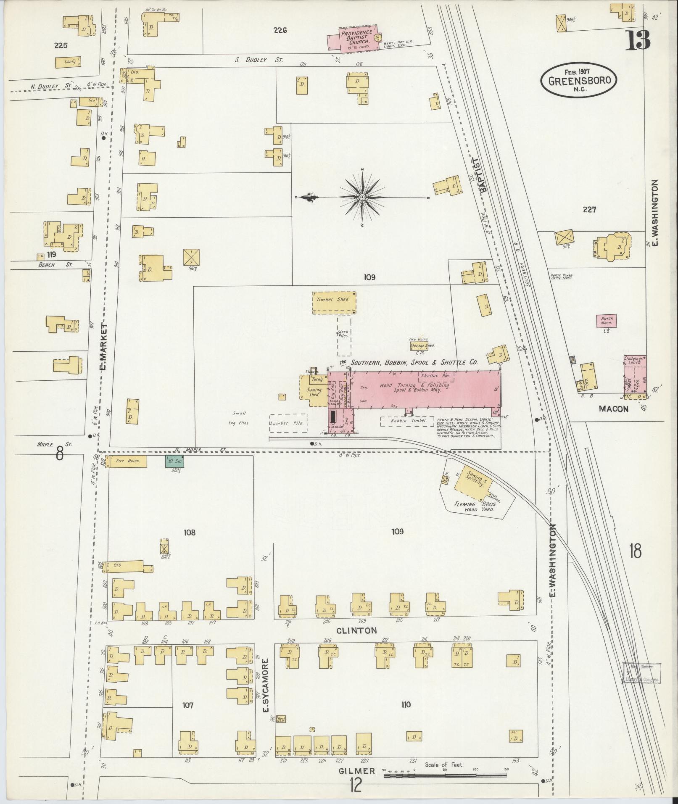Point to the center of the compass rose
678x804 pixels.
(x=362, y=197)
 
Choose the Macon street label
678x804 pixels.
(x=614, y=409)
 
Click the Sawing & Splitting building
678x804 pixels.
(x=474, y=480)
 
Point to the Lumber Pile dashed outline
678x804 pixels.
(x=288, y=423)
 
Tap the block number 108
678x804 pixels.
(x=189, y=532)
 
